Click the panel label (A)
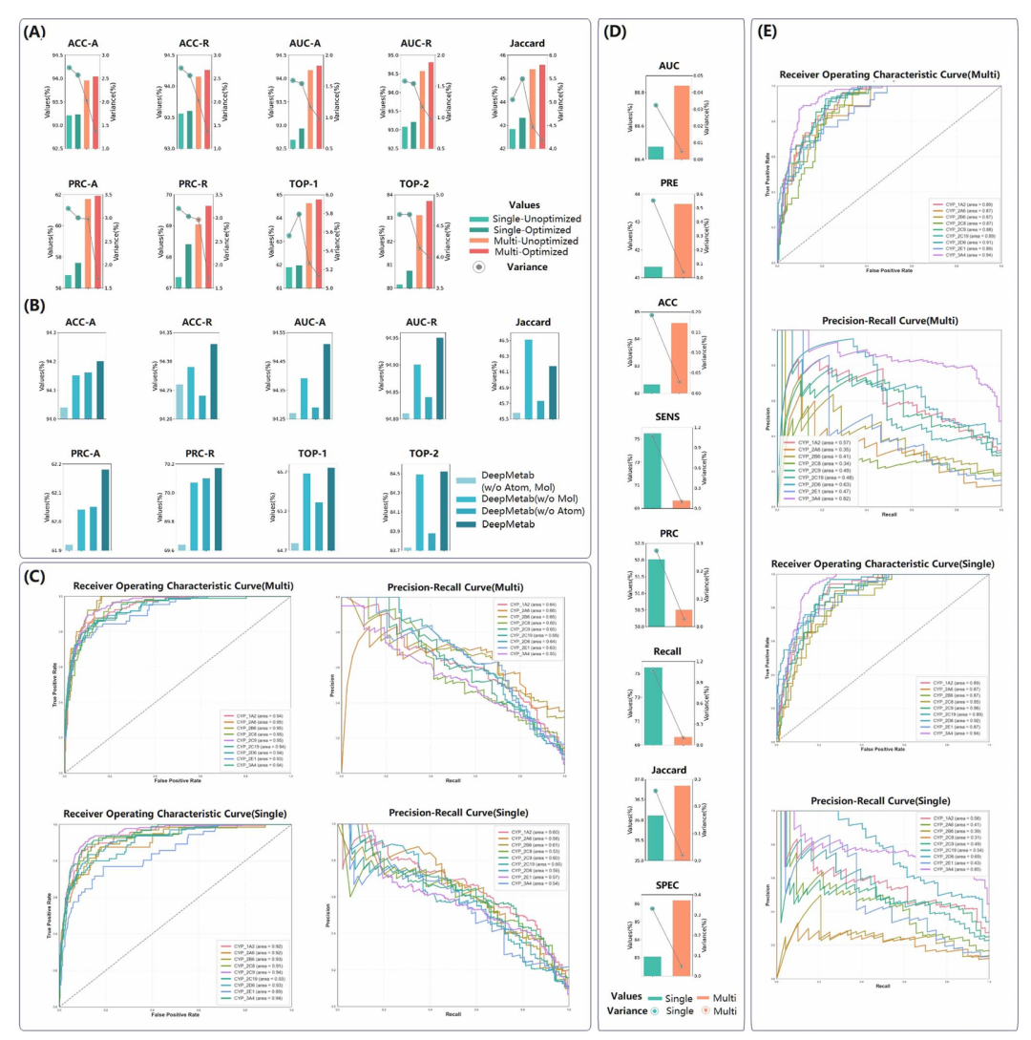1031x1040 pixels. tap(33, 32)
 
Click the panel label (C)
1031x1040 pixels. tap(33, 577)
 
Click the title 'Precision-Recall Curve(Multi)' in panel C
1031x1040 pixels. tap(451, 584)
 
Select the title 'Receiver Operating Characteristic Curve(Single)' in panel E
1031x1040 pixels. tap(887, 564)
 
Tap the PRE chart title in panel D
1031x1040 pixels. tap(668, 178)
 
